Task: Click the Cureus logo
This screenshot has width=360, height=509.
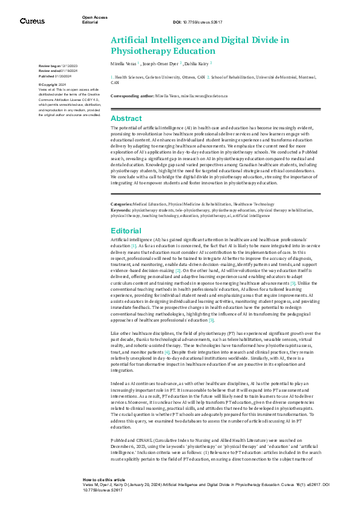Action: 32,21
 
